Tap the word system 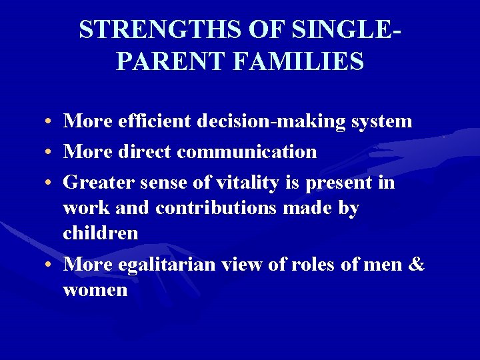(382, 121)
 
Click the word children (101, 233)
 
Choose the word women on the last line (95, 290)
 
